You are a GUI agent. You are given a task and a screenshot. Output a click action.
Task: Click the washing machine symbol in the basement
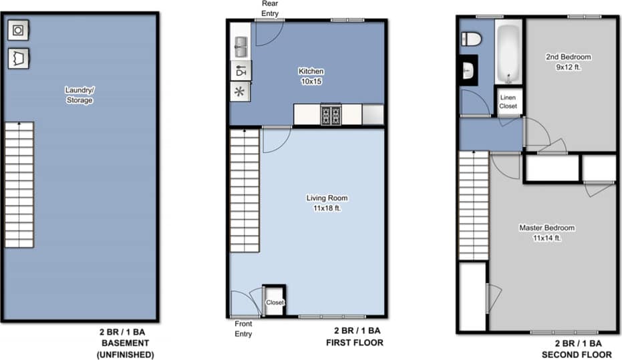pos(17,30)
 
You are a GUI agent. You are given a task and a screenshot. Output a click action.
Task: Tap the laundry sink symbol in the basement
pos(17,57)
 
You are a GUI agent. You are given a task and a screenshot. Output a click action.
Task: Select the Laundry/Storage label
pos(80,95)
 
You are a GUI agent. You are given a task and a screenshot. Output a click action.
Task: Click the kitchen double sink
pos(241,47)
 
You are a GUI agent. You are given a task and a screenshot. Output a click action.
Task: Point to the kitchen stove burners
pos(331,115)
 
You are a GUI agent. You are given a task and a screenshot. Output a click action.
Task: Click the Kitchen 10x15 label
pos(311,75)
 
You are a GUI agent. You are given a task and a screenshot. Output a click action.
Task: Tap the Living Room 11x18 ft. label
pos(327,202)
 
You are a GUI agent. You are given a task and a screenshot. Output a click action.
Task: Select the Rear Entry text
pos(270,8)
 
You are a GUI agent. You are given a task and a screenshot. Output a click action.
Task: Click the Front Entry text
pos(243,328)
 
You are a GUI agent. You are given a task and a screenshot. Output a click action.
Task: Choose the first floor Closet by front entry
pos(275,302)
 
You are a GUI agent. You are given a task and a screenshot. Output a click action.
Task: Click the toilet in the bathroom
pos(471,39)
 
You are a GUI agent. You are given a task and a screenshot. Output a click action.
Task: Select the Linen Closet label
pos(508,102)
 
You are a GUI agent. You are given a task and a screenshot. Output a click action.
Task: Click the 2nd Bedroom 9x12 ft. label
pos(568,62)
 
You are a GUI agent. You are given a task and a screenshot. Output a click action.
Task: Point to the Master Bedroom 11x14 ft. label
pos(547,232)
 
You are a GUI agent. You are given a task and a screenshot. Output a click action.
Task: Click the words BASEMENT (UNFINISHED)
pos(125,349)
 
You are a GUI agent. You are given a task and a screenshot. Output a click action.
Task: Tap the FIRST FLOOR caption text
pos(355,343)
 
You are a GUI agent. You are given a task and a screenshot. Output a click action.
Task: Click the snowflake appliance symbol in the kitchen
pos(240,92)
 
